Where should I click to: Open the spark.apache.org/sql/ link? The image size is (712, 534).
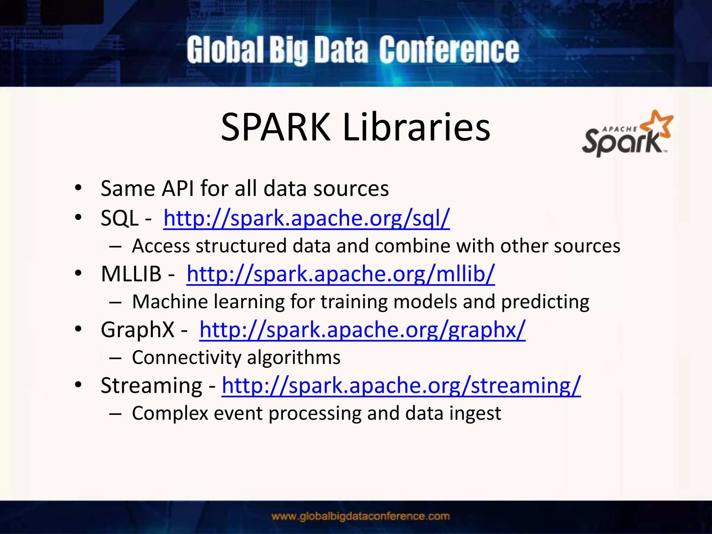[x=306, y=218]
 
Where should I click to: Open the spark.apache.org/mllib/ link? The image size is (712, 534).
[x=340, y=274]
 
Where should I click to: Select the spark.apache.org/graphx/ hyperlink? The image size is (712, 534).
[x=362, y=330]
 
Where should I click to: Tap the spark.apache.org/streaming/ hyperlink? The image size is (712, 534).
[x=401, y=386]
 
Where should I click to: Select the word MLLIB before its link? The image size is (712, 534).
[x=131, y=274]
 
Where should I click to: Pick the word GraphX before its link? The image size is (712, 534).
[x=137, y=330]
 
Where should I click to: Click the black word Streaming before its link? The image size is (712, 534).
[x=151, y=386]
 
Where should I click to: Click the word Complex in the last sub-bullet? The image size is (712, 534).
[x=170, y=414]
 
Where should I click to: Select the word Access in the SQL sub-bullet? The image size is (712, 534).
[x=161, y=246]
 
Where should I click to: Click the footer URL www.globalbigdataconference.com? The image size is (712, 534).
[x=361, y=516]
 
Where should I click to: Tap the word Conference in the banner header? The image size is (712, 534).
[x=449, y=51]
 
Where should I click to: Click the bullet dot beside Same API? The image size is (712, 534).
[x=78, y=188]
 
